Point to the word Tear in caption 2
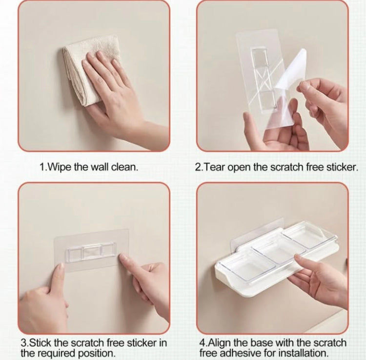tap(213, 166)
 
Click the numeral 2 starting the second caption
tap(198, 166)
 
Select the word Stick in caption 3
tap(41, 342)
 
